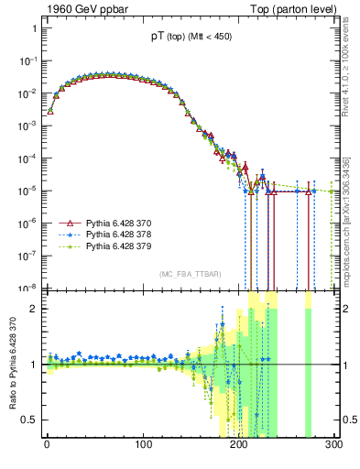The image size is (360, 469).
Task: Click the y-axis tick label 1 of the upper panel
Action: pos(33,28)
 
